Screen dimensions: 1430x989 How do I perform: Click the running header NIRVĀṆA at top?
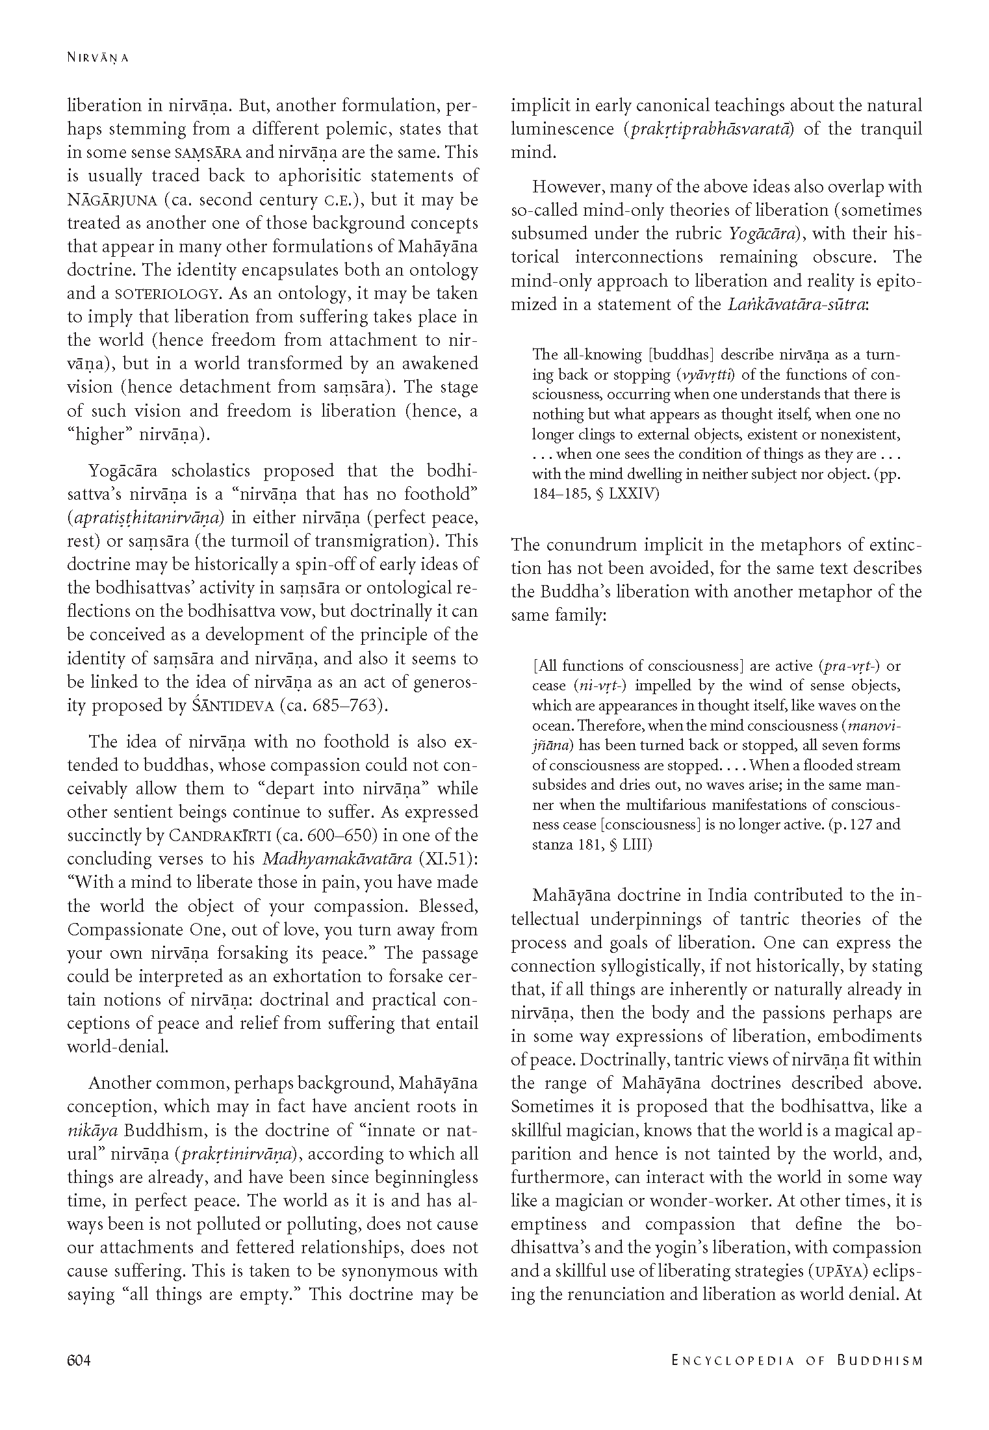(x=97, y=58)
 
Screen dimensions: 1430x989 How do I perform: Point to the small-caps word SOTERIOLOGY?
(x=165, y=294)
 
